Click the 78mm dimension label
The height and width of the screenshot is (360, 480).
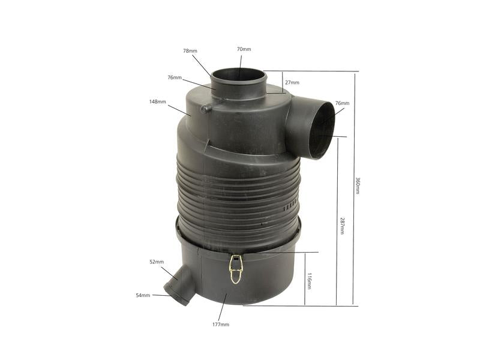190,51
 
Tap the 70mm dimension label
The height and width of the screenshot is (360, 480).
244,49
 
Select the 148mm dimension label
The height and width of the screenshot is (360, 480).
158,101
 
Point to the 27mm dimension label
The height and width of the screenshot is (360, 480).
292,82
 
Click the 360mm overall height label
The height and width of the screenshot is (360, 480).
357,185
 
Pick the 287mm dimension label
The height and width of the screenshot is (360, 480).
343,226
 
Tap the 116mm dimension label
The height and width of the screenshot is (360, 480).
309,281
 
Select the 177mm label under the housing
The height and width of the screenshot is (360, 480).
221,325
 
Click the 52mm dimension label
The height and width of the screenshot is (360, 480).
157,262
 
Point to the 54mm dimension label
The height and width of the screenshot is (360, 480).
143,295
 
